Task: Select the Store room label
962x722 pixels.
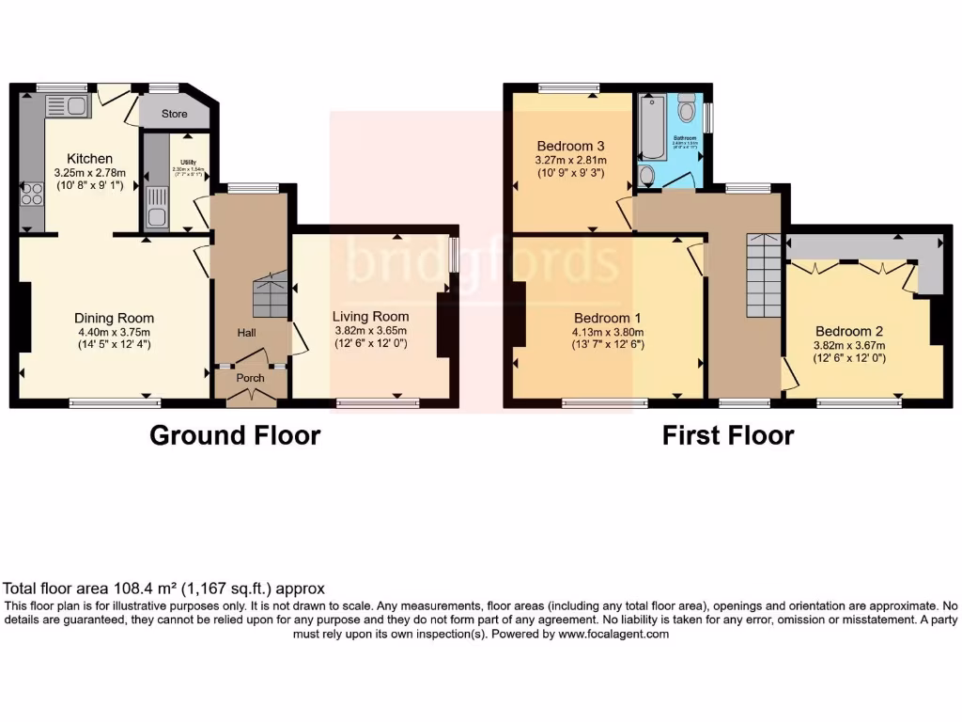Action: pyautogui.click(x=174, y=114)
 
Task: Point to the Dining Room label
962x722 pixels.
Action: pyautogui.click(x=115, y=318)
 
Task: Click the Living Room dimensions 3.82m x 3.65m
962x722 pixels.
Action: pyautogui.click(x=371, y=331)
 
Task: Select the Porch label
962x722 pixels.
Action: pyautogui.click(x=250, y=378)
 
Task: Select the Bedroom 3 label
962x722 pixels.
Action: pyautogui.click(x=570, y=146)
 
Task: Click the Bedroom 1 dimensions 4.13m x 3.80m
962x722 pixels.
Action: pyautogui.click(x=609, y=331)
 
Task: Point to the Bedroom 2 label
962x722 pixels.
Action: pyautogui.click(x=849, y=331)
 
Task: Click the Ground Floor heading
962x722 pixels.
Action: pyautogui.click(x=235, y=436)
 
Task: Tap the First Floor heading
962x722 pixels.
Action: pyautogui.click(x=728, y=436)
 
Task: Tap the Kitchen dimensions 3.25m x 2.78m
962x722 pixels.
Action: pyautogui.click(x=90, y=173)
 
